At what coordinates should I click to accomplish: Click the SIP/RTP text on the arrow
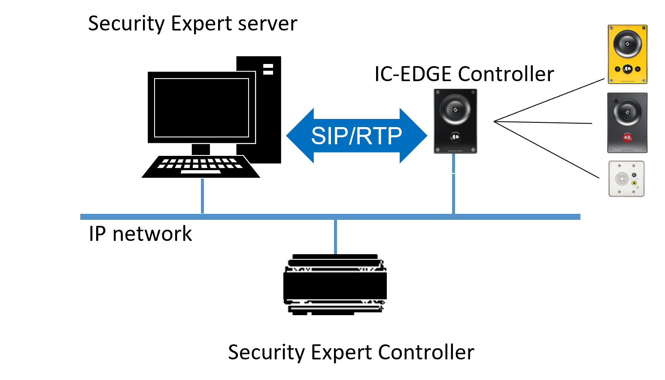click(x=356, y=136)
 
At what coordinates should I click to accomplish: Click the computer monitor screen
click(x=201, y=107)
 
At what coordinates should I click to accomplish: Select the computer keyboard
click(x=201, y=166)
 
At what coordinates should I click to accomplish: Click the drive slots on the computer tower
click(x=268, y=69)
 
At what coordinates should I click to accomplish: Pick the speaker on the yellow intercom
click(x=627, y=43)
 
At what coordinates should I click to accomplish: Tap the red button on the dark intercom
click(x=627, y=138)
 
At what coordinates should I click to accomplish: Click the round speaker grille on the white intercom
click(x=622, y=178)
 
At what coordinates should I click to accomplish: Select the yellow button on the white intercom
click(x=634, y=182)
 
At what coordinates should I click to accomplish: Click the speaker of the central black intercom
click(x=455, y=109)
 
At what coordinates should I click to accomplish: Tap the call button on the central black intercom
click(x=455, y=137)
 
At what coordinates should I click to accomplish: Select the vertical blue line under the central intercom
click(x=453, y=185)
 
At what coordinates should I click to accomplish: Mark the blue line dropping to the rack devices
click(x=335, y=237)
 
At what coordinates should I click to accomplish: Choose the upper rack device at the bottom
click(x=335, y=263)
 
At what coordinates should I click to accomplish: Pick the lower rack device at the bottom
click(x=335, y=307)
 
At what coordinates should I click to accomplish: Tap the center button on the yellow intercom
click(x=627, y=69)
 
